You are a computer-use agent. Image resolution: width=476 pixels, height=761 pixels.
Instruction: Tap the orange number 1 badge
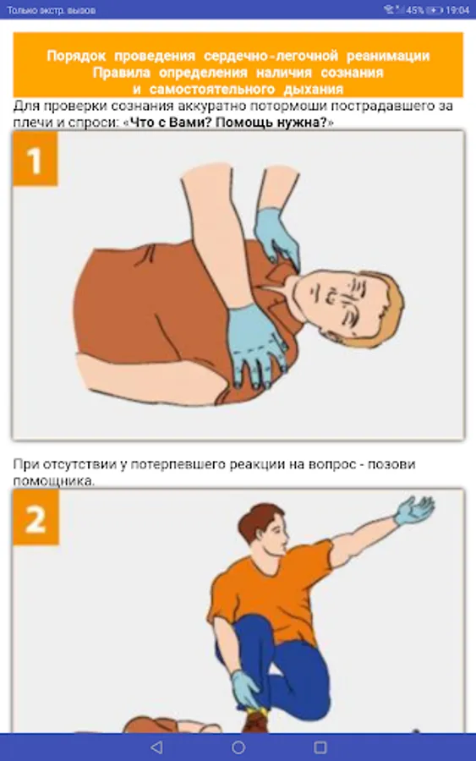pyautogui.click(x=35, y=159)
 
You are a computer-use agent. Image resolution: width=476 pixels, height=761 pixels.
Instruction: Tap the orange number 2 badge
pyautogui.click(x=36, y=517)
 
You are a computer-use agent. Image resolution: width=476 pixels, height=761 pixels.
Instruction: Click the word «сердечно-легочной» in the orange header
pyautogui.click(x=271, y=56)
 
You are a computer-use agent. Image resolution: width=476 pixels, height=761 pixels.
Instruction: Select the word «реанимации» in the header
pyautogui.click(x=388, y=56)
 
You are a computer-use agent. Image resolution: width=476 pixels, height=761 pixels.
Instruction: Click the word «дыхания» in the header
pyautogui.click(x=313, y=90)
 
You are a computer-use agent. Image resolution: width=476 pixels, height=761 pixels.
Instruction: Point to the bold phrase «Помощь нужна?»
pyautogui.click(x=271, y=123)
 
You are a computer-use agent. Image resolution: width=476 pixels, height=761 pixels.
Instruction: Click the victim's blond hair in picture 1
pyautogui.click(x=386, y=310)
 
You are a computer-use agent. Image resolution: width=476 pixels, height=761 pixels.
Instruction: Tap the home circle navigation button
pyautogui.click(x=238, y=747)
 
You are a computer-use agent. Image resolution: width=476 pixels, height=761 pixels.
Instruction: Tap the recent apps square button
pyautogui.click(x=320, y=747)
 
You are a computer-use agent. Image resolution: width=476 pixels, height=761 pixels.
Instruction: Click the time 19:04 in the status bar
pyautogui.click(x=457, y=9)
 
